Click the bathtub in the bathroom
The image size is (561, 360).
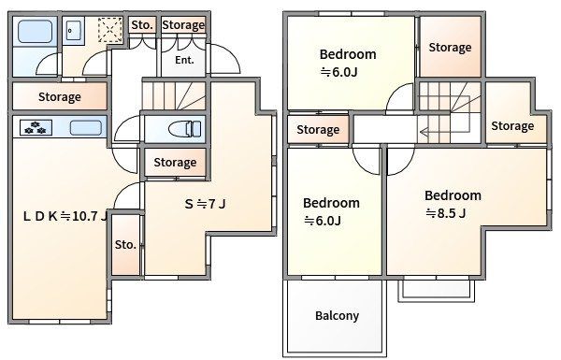pyautogui.click(x=35, y=32)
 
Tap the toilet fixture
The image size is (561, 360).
pyautogui.click(x=184, y=129)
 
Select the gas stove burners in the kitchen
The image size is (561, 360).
pyautogui.click(x=36, y=128)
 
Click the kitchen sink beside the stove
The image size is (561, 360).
pyautogui.click(x=85, y=128)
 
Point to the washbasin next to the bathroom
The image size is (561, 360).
pyautogui.click(x=73, y=31)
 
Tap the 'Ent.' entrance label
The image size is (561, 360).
pyautogui.click(x=184, y=60)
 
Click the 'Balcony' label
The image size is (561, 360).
pyautogui.click(x=337, y=316)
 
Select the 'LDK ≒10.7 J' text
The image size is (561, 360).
pyautogui.click(x=65, y=216)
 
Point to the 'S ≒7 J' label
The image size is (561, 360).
pyautogui.click(x=205, y=204)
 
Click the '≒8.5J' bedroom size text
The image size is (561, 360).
pyautogui.click(x=445, y=213)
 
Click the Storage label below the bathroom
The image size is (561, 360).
pyautogui.click(x=60, y=97)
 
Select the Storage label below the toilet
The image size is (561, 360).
pyautogui.click(x=175, y=163)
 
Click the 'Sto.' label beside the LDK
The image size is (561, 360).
pyautogui.click(x=125, y=245)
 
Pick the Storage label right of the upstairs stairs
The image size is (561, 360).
pyautogui.click(x=512, y=126)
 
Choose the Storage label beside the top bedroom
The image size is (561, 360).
pyautogui.click(x=450, y=48)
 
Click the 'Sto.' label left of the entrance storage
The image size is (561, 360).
pyautogui.click(x=142, y=25)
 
